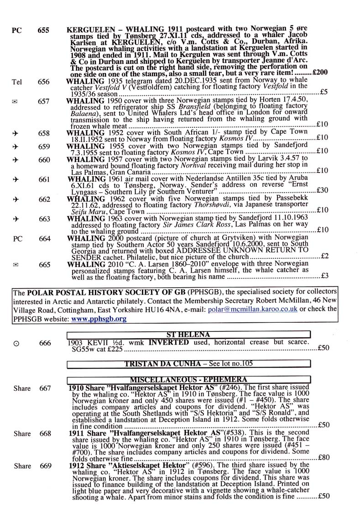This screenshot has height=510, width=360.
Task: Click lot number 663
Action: point(44,219)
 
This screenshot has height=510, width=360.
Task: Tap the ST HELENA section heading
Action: point(189,334)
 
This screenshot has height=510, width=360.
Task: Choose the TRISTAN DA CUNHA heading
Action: point(188,364)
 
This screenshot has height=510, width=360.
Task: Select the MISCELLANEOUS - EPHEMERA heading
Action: point(189,379)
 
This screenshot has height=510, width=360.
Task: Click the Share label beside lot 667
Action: point(22,389)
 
